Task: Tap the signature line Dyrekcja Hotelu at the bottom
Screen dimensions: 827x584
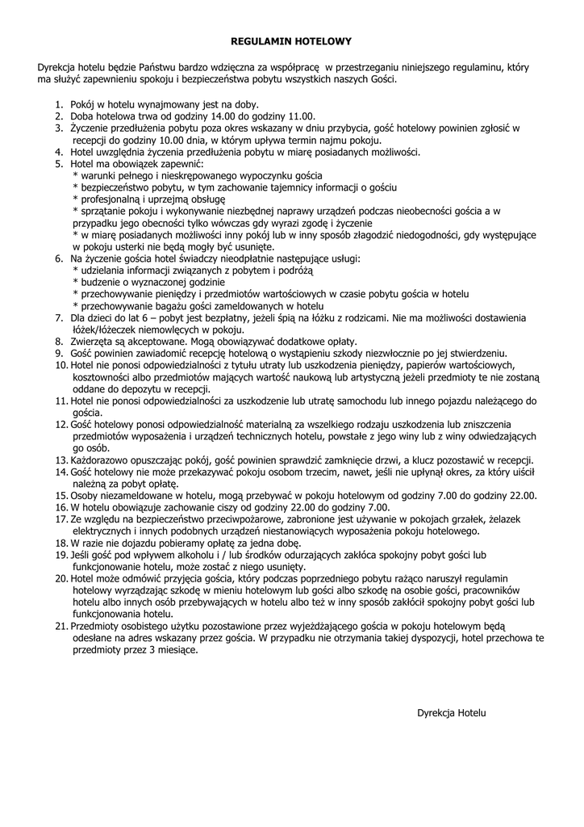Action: (x=452, y=713)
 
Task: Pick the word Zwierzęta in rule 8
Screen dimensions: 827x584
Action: (x=93, y=341)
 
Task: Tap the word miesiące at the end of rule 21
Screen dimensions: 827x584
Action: (x=174, y=649)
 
